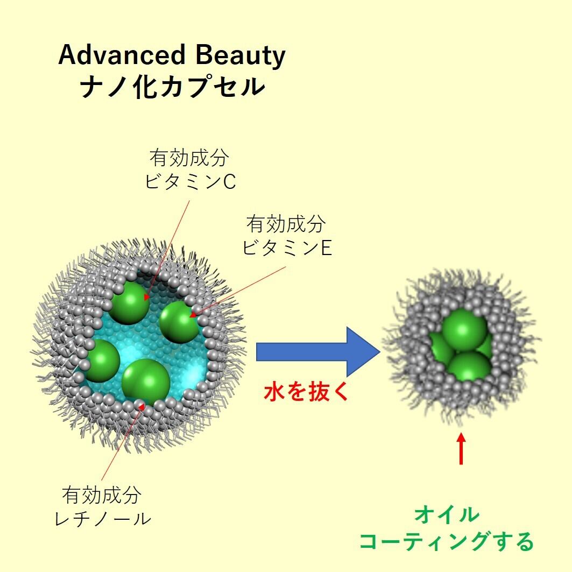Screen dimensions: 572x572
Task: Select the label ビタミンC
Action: coord(190,182)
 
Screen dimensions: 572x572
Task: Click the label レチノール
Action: coord(103,519)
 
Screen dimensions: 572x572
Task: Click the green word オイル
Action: coord(447,515)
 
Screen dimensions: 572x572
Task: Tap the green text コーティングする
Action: coord(446,541)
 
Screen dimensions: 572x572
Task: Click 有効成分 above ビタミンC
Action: coord(189,158)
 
